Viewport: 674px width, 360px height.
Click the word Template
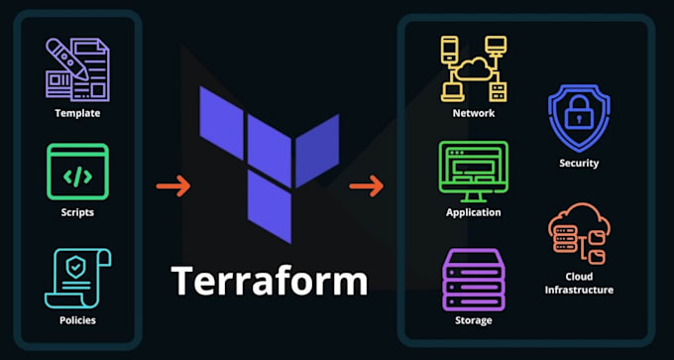(x=77, y=113)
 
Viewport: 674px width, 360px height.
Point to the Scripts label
(x=77, y=212)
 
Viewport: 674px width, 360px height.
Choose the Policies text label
(x=77, y=320)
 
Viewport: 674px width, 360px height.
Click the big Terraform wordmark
(x=270, y=280)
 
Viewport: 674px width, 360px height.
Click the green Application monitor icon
(x=473, y=171)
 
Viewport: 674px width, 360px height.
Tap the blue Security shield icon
(x=578, y=117)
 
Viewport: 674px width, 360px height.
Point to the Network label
(x=473, y=113)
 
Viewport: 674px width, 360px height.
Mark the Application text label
(x=473, y=212)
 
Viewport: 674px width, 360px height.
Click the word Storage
(x=473, y=320)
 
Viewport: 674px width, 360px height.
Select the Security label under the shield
(x=578, y=163)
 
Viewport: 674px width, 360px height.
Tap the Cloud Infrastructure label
(x=578, y=283)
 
